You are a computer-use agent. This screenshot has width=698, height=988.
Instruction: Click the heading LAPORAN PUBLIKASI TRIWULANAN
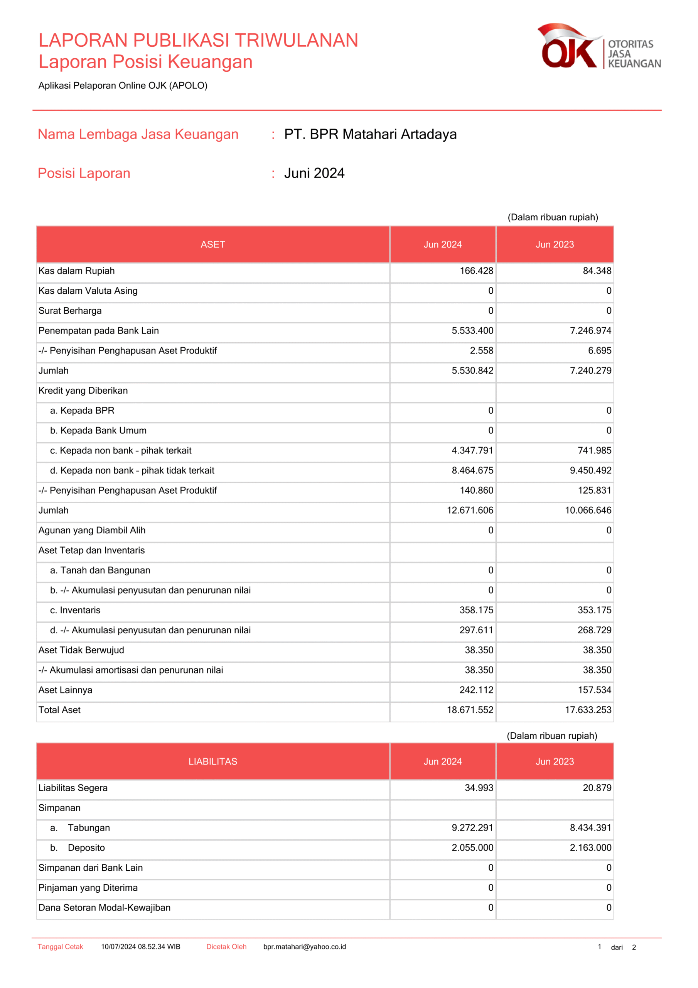198,40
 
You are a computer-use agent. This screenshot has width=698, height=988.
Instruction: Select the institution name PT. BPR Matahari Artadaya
370,134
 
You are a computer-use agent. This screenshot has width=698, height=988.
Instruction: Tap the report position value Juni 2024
314,173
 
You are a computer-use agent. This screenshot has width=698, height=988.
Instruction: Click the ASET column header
213,244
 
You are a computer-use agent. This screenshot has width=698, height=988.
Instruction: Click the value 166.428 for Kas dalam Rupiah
477,271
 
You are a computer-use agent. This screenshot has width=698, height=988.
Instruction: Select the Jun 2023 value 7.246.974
590,330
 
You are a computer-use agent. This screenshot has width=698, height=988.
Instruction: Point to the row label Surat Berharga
70,311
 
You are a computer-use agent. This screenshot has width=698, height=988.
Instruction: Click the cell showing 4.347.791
472,450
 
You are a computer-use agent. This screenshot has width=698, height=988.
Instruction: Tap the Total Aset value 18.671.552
470,710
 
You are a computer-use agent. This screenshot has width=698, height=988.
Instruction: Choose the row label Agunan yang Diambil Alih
92,530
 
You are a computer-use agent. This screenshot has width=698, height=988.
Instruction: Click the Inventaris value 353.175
594,610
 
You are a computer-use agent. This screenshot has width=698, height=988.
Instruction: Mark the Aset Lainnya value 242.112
477,690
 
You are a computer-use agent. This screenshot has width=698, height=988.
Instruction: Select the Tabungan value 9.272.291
472,828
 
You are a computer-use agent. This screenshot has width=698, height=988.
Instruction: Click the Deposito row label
86,848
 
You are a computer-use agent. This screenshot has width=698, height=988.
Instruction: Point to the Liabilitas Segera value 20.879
597,788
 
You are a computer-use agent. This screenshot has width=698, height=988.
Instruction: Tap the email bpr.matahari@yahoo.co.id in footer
305,947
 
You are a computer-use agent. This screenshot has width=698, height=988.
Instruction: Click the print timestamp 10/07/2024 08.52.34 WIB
141,947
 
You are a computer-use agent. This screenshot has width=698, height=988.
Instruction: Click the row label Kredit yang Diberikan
83,391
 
